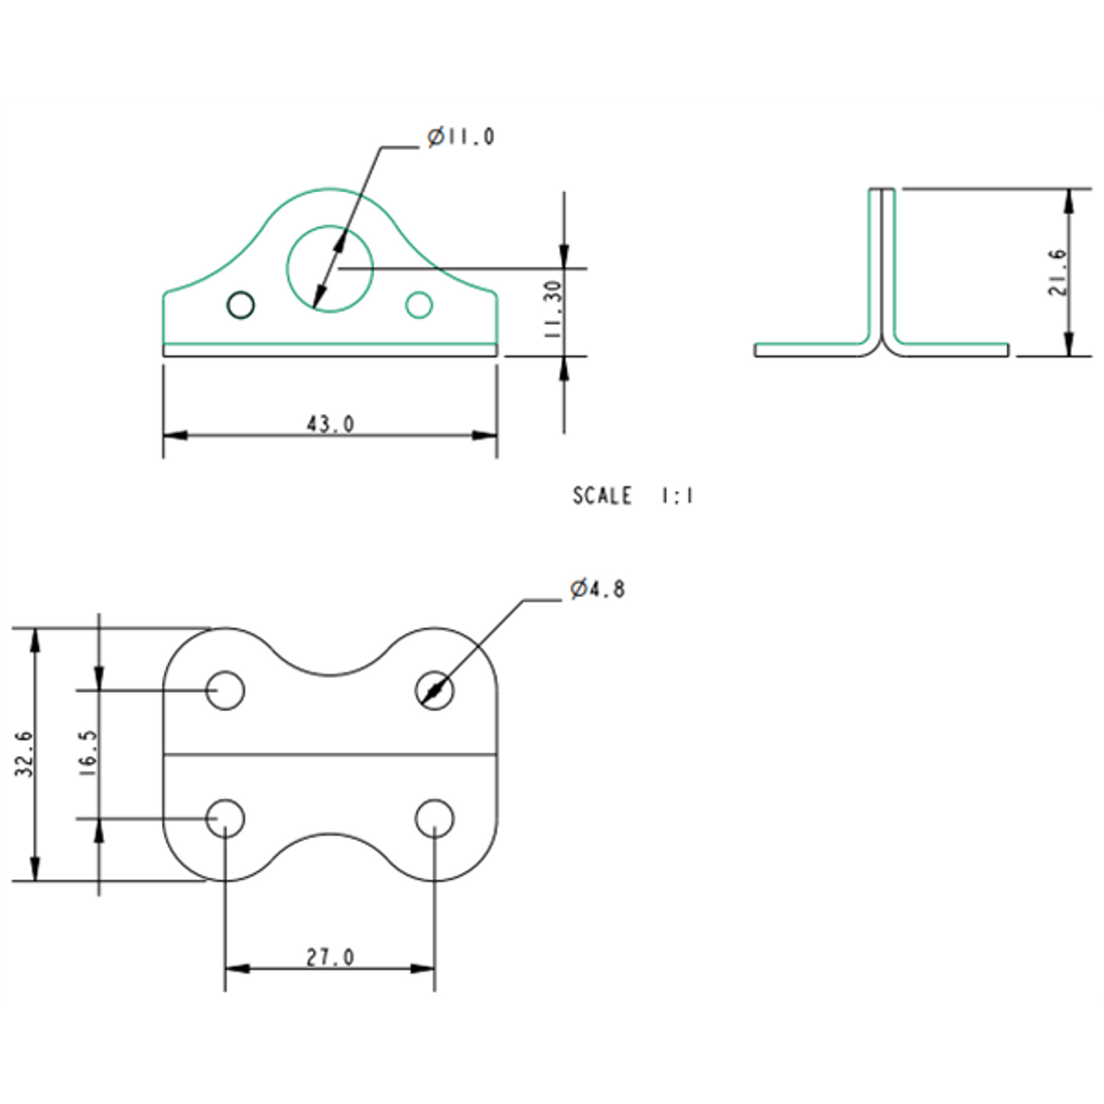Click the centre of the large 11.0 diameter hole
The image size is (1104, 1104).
point(330,269)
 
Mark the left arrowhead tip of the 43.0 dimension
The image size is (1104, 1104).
point(164,436)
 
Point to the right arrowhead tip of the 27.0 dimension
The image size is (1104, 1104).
point(434,969)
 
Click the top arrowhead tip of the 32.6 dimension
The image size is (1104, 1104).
point(35,629)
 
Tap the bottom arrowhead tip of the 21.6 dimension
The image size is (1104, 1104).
point(1068,355)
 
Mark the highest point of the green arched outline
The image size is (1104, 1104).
point(329,188)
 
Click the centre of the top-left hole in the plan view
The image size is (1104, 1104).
point(225,690)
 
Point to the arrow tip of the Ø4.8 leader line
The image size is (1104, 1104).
point(421,703)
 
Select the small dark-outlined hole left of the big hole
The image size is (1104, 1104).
point(241,304)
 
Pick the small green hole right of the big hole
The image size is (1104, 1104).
point(419,304)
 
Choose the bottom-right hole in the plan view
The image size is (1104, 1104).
point(435,819)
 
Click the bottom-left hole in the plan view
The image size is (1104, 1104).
point(225,819)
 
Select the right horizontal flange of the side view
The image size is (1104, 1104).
point(951,350)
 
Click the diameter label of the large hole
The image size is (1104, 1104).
point(461,137)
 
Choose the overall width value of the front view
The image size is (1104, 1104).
point(330,424)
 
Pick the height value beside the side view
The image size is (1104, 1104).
point(1057,272)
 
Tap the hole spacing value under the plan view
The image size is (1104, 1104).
point(330,957)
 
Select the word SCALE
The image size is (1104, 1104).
point(602,496)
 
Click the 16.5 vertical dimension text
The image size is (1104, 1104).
point(90,753)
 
